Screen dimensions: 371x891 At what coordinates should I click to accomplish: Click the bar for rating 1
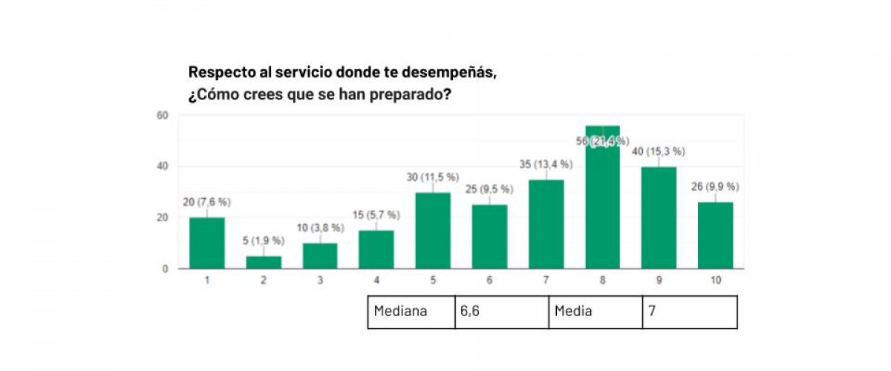point(206,243)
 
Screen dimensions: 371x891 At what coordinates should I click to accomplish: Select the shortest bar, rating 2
point(264,262)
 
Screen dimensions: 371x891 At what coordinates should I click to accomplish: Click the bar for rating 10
point(716,234)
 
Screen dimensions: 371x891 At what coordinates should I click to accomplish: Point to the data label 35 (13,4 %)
point(546,164)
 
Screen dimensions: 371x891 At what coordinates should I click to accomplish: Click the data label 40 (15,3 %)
point(659,151)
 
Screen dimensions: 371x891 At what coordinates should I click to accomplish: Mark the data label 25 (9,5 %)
point(489,189)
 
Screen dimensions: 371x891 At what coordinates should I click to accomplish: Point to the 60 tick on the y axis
point(162,115)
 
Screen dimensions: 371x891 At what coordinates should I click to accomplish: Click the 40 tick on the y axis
point(162,166)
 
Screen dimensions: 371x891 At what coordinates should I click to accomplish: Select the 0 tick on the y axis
point(165,269)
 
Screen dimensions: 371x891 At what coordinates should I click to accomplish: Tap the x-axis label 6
point(489,280)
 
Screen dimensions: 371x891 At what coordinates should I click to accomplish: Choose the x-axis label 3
point(319,280)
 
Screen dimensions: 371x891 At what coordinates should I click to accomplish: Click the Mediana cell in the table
point(410,312)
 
